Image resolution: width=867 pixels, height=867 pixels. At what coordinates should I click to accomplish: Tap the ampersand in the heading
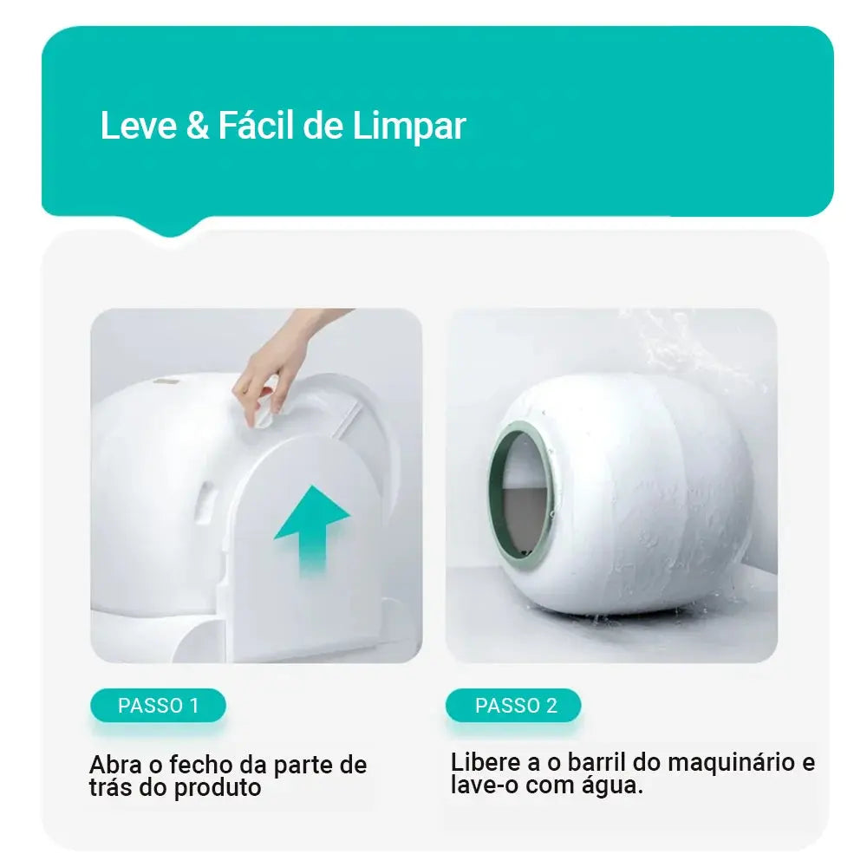(x=198, y=126)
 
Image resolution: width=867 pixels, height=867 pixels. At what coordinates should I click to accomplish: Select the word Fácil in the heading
(x=255, y=126)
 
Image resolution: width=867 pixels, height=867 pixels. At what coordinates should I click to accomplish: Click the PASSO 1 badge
(x=159, y=706)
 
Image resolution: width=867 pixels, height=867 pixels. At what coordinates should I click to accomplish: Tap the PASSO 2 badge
(x=515, y=706)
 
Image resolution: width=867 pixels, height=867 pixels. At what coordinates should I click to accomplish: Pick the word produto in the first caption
(x=218, y=788)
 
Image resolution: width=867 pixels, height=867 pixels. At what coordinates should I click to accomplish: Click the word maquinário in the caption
(x=731, y=763)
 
